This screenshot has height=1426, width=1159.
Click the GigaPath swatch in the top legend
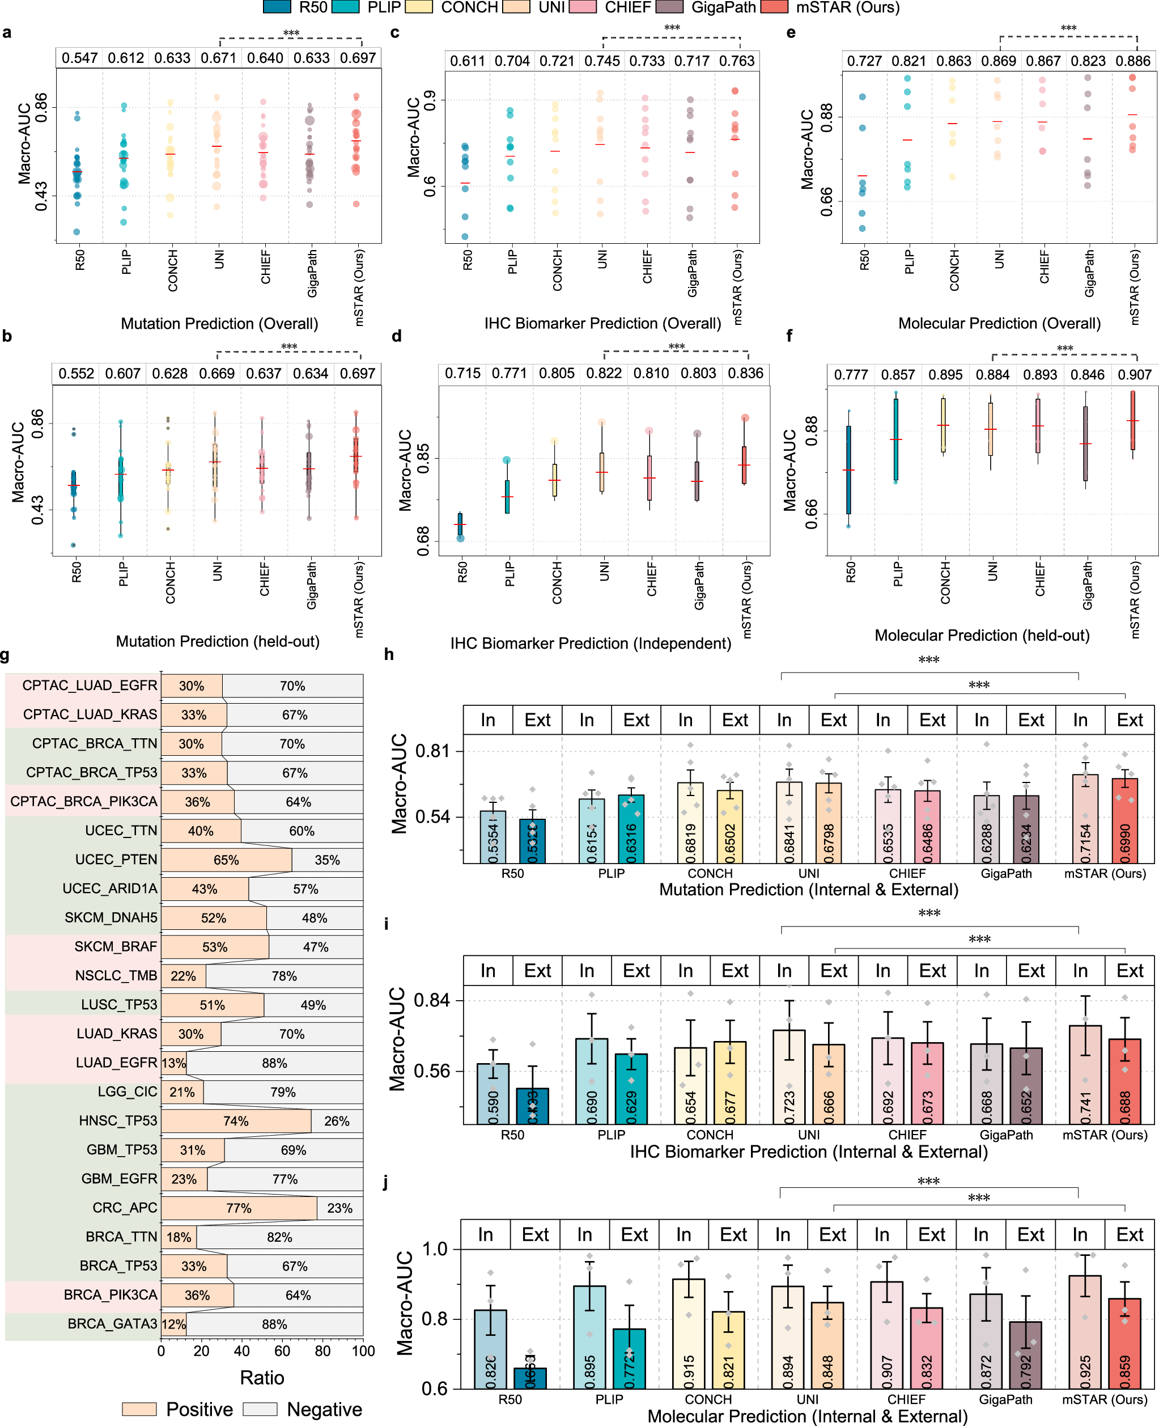pyautogui.click(x=670, y=7)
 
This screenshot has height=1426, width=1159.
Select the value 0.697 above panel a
pyautogui.click(x=358, y=58)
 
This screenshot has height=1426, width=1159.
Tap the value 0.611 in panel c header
pyautogui.click(x=468, y=61)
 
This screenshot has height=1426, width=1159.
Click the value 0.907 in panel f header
pyautogui.click(x=1134, y=375)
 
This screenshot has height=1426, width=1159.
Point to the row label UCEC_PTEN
pyautogui.click(x=116, y=860)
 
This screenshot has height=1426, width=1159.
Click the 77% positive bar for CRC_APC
pyautogui.click(x=239, y=1208)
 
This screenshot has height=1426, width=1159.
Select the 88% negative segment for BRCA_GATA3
pyautogui.click(x=274, y=1324)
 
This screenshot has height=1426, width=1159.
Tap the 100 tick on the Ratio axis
pyautogui.click(x=363, y=1351)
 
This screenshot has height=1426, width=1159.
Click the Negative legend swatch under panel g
pyautogui.click(x=260, y=1410)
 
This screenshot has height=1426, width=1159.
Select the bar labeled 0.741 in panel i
pyautogui.click(x=1085, y=1076)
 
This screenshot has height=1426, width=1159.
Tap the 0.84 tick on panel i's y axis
pyautogui.click(x=431, y=1001)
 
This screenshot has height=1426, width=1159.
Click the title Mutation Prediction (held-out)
pyautogui.click(x=218, y=642)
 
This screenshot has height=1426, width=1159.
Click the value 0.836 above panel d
pyautogui.click(x=745, y=373)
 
